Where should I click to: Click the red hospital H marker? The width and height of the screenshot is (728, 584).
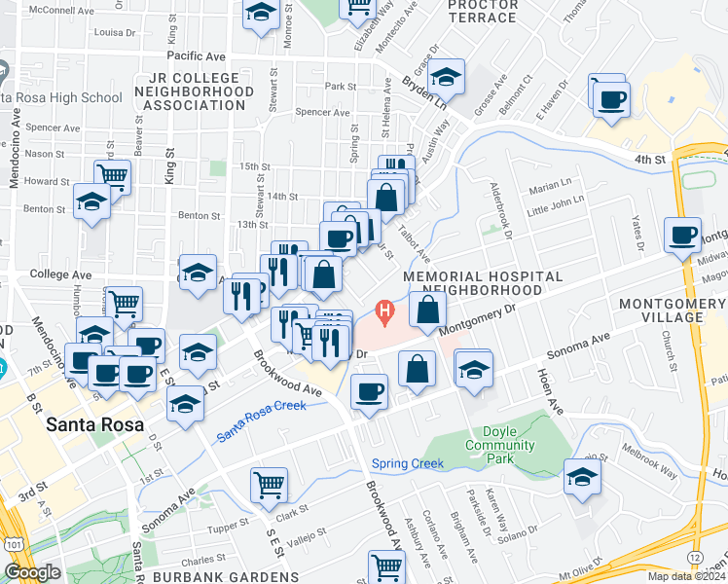384,312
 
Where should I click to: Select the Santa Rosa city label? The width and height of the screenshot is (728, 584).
95,425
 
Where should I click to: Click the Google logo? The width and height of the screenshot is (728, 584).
32,572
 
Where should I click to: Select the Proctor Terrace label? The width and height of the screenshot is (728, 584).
483,11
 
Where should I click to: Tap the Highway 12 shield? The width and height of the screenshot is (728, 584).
694,554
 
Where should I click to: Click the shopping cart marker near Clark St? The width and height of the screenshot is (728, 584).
269,483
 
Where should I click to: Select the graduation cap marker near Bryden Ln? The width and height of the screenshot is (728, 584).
446,75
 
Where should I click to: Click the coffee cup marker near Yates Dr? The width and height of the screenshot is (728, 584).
682,235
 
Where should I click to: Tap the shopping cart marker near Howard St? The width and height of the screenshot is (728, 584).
113,176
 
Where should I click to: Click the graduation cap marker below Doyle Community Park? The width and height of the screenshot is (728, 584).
582,477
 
